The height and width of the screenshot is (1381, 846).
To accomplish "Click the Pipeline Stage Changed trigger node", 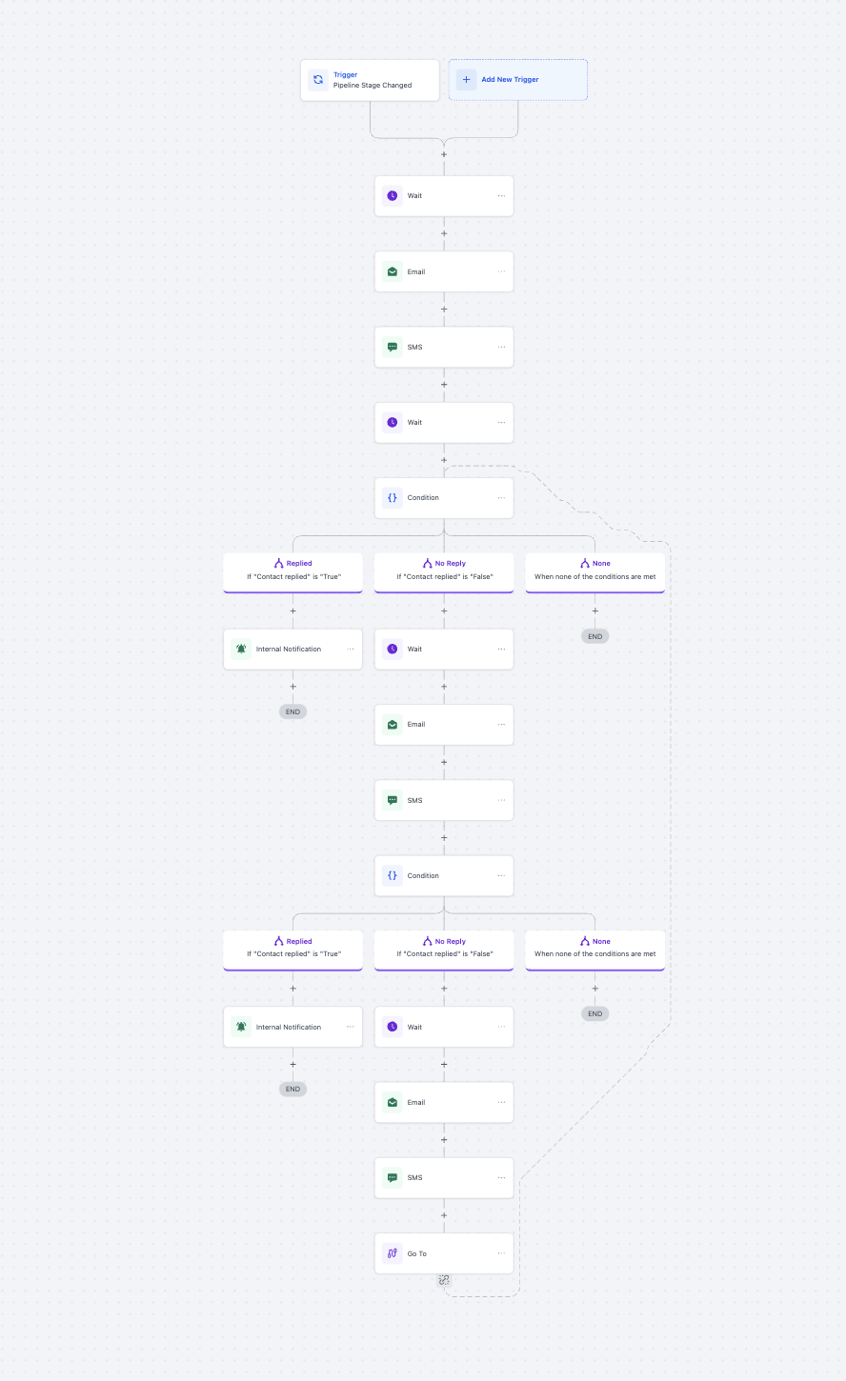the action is pos(370,80).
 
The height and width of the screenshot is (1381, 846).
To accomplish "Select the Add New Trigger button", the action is pos(518,80).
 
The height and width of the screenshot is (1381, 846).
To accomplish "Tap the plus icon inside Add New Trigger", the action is pos(466,80).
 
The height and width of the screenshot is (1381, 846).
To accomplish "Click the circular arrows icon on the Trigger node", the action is pos(318,80).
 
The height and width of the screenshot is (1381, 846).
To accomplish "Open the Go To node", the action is pos(444,1253).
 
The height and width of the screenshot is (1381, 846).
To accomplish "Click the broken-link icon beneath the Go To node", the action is pos(444,1280).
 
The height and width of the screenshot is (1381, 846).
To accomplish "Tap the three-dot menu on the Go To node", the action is pos(501,1253).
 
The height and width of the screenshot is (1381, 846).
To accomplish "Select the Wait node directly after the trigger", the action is pos(444,196).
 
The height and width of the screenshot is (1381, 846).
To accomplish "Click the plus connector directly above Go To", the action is pos(444,1215).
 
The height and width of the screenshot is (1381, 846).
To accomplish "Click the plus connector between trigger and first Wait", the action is pos(444,154).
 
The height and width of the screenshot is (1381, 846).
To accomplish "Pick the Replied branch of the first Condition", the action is pos(292,572).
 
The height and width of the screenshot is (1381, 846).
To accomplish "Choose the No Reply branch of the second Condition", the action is pos(444,951).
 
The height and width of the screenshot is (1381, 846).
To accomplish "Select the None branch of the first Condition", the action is pos(595,572).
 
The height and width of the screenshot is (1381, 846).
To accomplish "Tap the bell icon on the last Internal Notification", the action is pos(241,1027).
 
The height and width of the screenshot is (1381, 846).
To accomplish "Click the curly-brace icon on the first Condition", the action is pos(393,497).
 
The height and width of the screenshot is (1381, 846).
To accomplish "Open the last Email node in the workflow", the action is pos(444,1102).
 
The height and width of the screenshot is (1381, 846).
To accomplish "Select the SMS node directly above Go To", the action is pos(444,1177).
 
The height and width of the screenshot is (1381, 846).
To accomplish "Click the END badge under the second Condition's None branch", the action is pos(595,1013).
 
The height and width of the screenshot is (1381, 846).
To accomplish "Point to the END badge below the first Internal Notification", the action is pos(292,711).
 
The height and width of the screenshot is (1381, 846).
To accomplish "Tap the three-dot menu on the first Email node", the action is pos(501,271).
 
